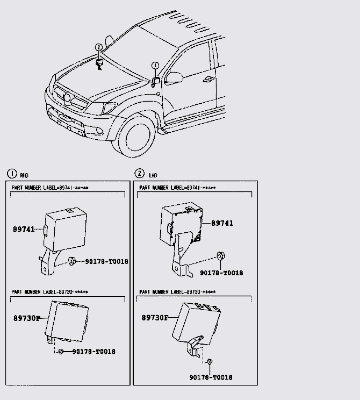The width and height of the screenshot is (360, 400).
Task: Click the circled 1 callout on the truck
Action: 155,66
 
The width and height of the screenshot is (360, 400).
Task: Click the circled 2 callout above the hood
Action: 99,47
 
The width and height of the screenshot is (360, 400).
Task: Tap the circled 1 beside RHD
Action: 11,174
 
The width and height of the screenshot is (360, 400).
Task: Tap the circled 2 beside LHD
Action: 140,174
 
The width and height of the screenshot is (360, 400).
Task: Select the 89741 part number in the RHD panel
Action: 24,230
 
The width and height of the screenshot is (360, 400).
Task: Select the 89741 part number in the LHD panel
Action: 222,223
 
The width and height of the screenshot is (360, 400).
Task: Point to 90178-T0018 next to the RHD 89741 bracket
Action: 106,262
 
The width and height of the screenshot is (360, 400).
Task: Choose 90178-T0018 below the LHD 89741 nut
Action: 221,273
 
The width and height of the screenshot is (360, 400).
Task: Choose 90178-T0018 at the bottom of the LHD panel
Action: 211,377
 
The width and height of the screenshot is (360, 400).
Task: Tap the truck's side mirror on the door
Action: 174,78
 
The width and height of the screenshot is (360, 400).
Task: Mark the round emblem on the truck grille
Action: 67,97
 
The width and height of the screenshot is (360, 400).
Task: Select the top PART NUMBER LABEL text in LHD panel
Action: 177,188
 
